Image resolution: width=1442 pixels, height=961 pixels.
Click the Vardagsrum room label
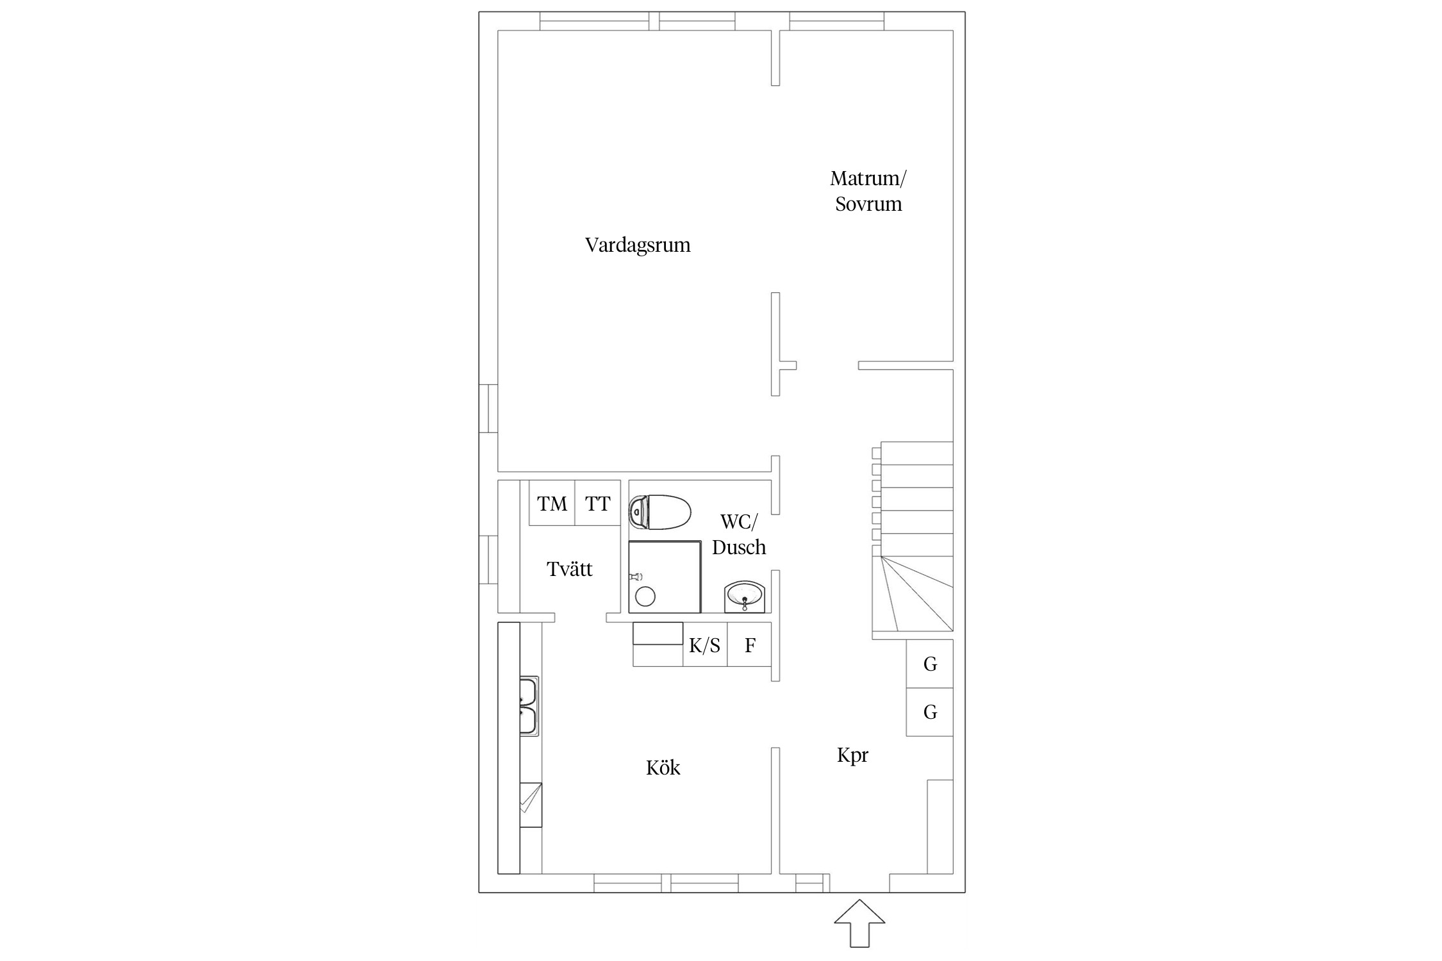pyautogui.click(x=638, y=245)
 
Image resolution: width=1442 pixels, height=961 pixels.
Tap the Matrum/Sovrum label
pyautogui.click(x=868, y=191)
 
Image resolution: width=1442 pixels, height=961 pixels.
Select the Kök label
pyautogui.click(x=663, y=768)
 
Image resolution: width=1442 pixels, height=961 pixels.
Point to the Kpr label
pyautogui.click(x=852, y=755)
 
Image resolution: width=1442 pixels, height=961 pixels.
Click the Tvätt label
pyautogui.click(x=569, y=569)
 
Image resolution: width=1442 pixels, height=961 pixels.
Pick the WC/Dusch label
pyautogui.click(x=739, y=534)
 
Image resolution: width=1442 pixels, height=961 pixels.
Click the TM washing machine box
pyautogui.click(x=552, y=503)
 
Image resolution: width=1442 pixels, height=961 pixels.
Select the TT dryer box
pyautogui.click(x=598, y=503)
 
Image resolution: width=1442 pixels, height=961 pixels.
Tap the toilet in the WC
pyautogui.click(x=660, y=512)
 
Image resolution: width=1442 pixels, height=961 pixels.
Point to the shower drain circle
pyautogui.click(x=645, y=596)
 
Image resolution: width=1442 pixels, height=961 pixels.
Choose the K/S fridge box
pyautogui.click(x=705, y=645)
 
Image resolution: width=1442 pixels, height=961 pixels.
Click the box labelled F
pyautogui.click(x=749, y=645)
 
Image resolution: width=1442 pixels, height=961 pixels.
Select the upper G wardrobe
pyautogui.click(x=930, y=664)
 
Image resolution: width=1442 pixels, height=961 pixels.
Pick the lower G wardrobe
pyautogui.click(x=930, y=712)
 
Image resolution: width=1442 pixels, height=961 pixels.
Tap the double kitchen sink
pyautogui.click(x=529, y=706)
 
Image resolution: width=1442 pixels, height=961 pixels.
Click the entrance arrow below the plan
pyautogui.click(x=859, y=923)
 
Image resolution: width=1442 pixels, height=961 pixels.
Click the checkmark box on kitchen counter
pyautogui.click(x=531, y=805)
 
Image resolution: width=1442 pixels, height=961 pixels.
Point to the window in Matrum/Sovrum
pyautogui.click(x=837, y=21)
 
